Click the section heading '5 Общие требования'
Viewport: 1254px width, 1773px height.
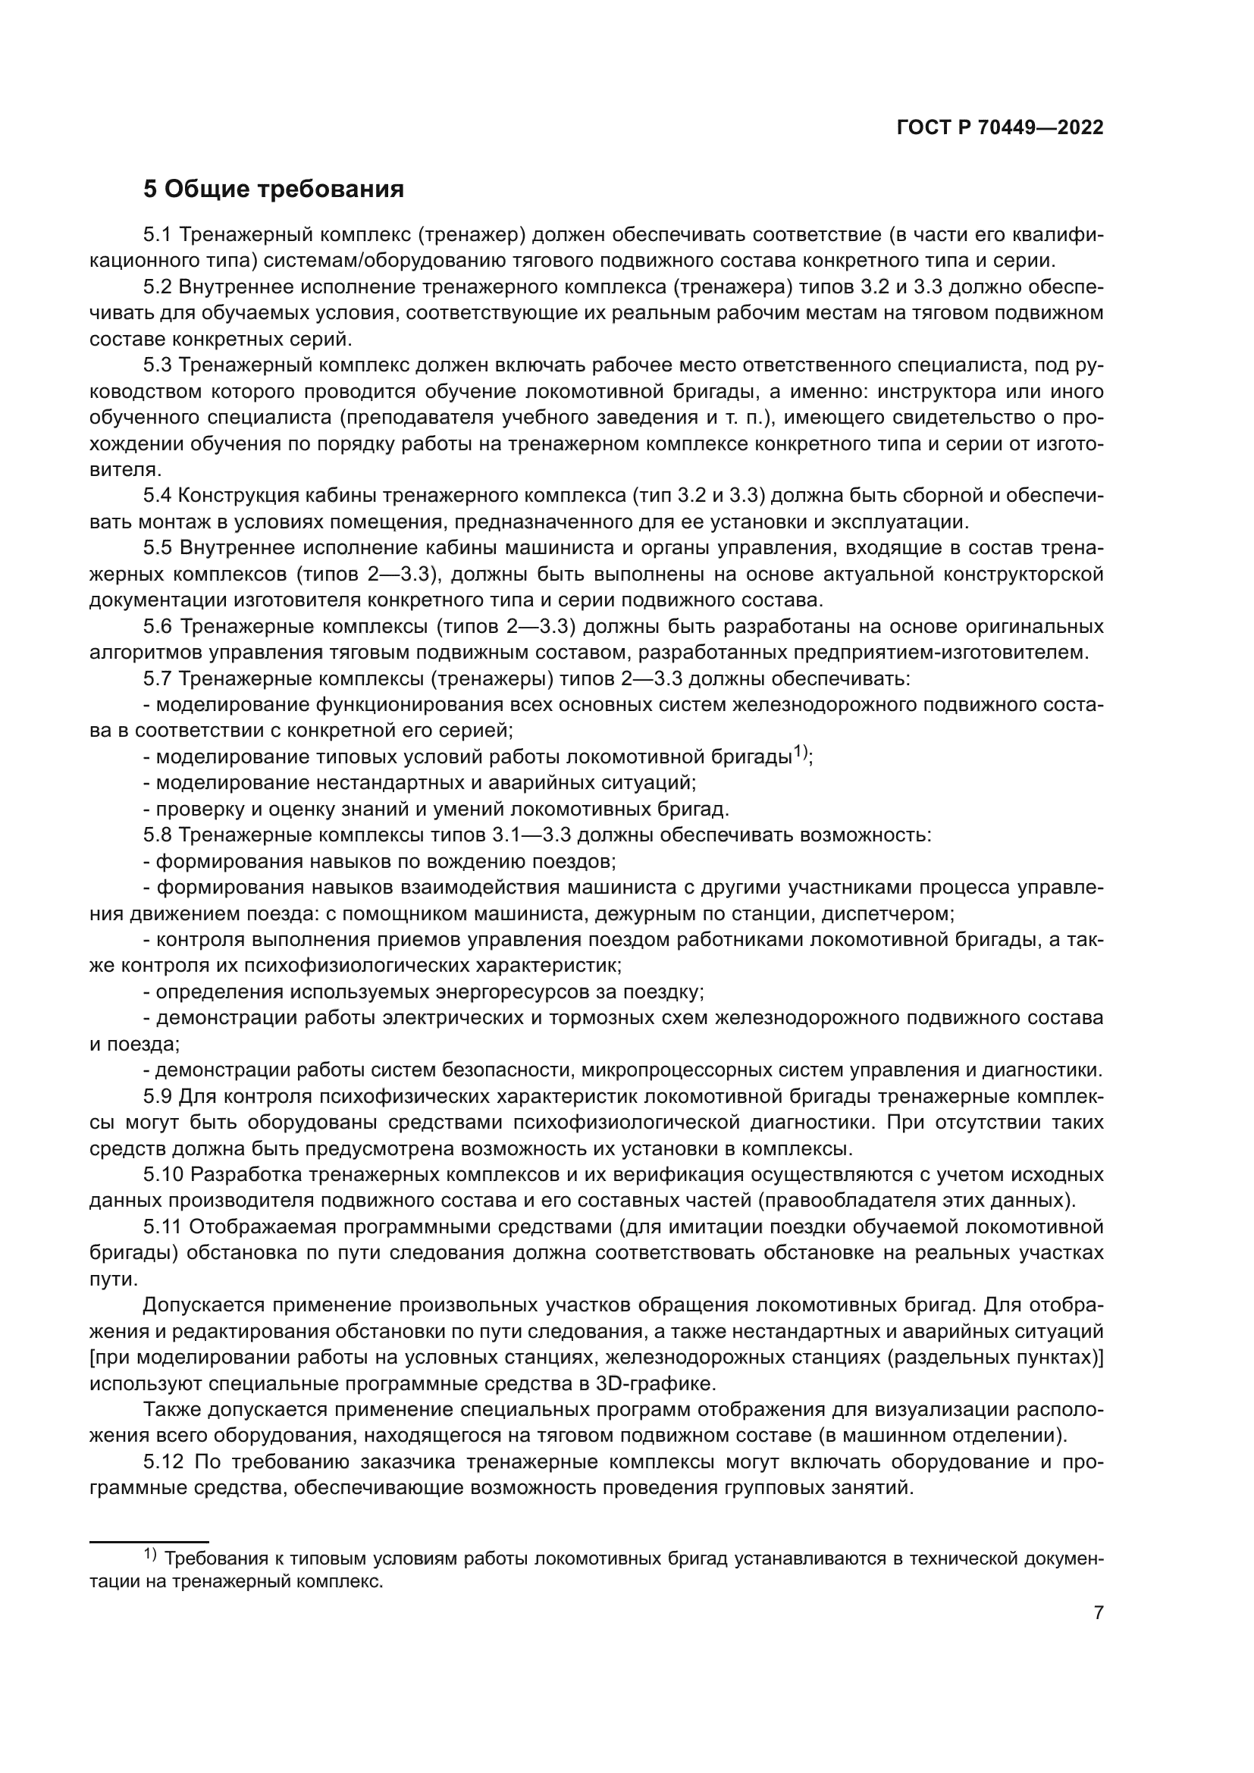[274, 190]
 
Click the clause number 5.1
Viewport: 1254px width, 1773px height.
[158, 235]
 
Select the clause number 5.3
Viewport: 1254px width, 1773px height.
[158, 365]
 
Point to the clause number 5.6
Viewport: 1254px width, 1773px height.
[158, 626]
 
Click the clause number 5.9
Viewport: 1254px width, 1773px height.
[158, 1097]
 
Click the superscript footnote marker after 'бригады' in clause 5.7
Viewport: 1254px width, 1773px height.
[801, 751]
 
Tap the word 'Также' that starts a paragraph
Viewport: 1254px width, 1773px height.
[168, 1410]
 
